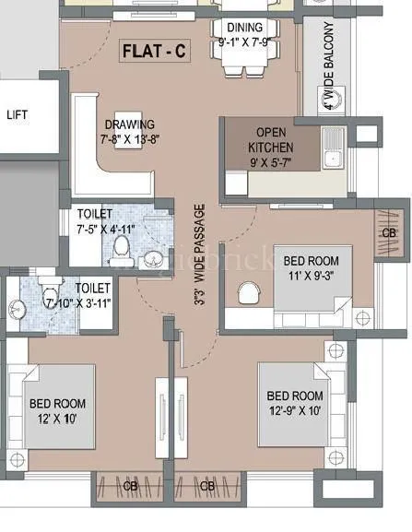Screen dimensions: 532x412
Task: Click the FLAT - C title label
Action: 155,52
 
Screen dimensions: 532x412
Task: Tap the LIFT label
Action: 18,115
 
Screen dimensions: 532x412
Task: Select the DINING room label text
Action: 244,28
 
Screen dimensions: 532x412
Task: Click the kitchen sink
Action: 333,148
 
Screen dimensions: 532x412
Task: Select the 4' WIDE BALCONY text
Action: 329,68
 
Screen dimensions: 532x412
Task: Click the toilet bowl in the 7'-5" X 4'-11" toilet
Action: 120,247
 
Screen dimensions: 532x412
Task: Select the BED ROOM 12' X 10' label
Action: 57,410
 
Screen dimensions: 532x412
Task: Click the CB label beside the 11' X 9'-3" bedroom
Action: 390,233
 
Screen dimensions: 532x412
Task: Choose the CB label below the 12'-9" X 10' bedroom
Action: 208,485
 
